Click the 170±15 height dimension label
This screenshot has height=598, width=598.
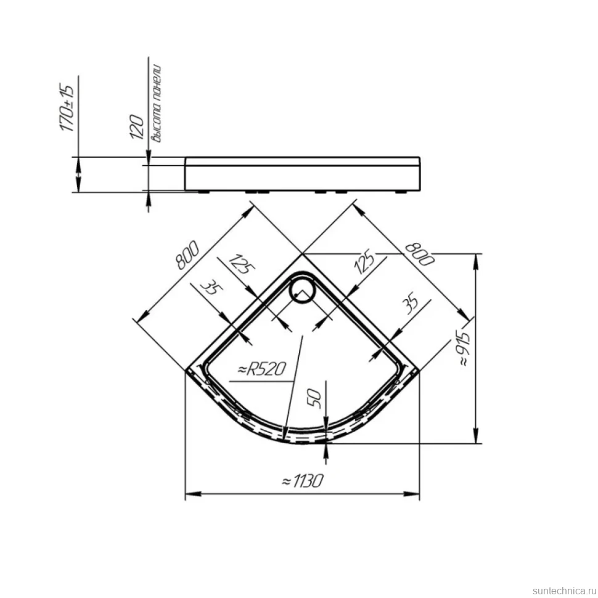tap(67, 107)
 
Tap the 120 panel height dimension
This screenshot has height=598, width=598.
tap(137, 126)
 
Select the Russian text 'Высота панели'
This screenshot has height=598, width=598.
tap(157, 104)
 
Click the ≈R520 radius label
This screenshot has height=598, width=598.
tap(261, 369)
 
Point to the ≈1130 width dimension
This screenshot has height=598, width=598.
tap(303, 481)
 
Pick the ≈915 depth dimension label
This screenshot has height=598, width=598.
tap(464, 349)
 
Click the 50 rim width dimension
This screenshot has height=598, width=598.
tap(314, 398)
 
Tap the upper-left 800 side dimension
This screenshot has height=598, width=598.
tap(187, 255)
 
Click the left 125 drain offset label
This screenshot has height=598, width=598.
tap(241, 264)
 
